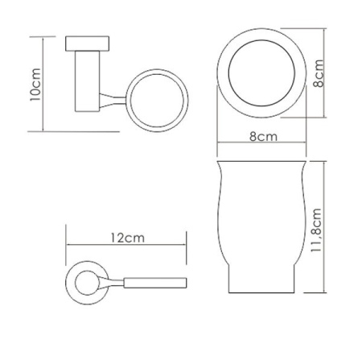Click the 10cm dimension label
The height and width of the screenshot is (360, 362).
tap(35, 85)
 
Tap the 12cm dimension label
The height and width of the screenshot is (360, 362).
tap(128, 238)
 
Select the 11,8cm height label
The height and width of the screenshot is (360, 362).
tap(316, 230)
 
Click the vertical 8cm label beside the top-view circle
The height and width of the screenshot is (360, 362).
tap(319, 73)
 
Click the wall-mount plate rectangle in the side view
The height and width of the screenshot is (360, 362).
tap(87, 43)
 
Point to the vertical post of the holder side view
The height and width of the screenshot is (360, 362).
tap(88, 81)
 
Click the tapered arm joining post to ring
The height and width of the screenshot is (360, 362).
tap(113, 101)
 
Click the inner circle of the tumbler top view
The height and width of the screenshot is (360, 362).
tap(261, 40)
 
